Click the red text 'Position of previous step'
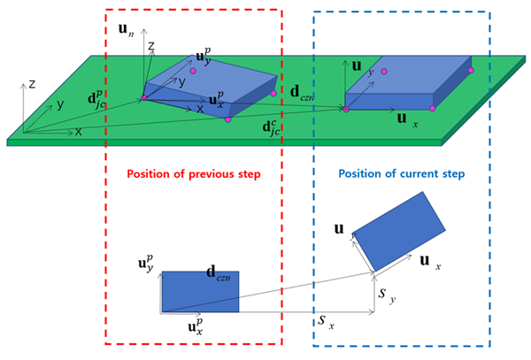point(193,174)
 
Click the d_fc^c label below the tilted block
point(275,126)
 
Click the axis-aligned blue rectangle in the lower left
point(199,292)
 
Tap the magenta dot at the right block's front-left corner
point(346,109)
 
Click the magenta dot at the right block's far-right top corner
point(471,70)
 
